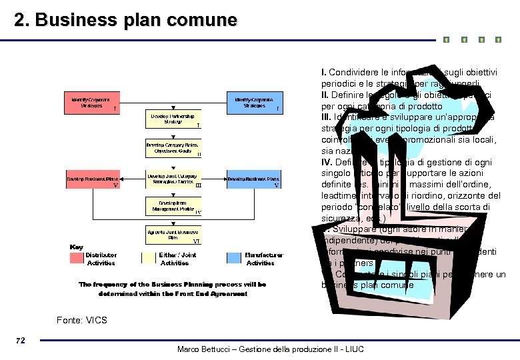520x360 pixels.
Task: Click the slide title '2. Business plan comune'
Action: click(126, 20)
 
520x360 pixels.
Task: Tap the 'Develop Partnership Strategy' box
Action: click(173, 119)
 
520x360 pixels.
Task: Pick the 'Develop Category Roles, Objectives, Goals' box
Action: click(173, 147)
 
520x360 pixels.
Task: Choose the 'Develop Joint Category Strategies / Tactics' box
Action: click(173, 179)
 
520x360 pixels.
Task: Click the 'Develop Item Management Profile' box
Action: click(173, 205)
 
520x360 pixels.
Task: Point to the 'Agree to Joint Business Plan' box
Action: click(173, 234)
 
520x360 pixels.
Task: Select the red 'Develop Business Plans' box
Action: click(92, 179)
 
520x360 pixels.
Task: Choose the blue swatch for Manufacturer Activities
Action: click(234, 259)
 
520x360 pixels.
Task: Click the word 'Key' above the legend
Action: click(77, 247)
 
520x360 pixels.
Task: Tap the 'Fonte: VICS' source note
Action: click(82, 321)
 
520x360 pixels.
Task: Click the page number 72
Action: click(20, 341)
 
